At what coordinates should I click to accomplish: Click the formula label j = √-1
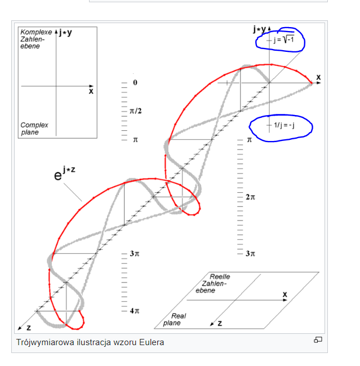pyautogui.click(x=284, y=39)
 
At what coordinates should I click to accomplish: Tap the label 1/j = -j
pyautogui.click(x=284, y=125)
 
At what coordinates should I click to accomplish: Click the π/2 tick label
pyautogui.click(x=135, y=111)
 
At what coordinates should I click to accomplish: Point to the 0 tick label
pyautogui.click(x=135, y=82)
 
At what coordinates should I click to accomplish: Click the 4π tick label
pyautogui.click(x=135, y=311)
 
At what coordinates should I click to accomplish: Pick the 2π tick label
pyautogui.click(x=250, y=197)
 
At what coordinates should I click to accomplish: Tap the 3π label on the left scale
pyautogui.click(x=135, y=253)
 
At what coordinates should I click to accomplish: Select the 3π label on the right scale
pyautogui.click(x=250, y=253)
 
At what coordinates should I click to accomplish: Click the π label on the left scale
pyautogui.click(x=135, y=140)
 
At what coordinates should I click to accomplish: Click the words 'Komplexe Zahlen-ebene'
pyautogui.click(x=36, y=39)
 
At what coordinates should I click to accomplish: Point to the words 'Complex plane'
pyautogui.click(x=34, y=129)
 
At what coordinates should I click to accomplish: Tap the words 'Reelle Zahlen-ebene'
pyautogui.click(x=212, y=283)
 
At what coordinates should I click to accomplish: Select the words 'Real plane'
pyautogui.click(x=175, y=319)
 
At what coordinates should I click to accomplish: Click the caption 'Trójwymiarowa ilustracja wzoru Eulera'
pyautogui.click(x=90, y=342)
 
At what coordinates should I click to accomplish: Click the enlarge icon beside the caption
pyautogui.click(x=318, y=339)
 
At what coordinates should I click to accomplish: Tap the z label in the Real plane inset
pyautogui.click(x=220, y=323)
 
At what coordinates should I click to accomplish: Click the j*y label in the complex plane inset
pyautogui.click(x=65, y=33)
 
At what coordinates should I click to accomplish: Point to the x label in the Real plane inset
pyautogui.click(x=285, y=294)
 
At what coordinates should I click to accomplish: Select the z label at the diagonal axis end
pyautogui.click(x=29, y=328)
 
